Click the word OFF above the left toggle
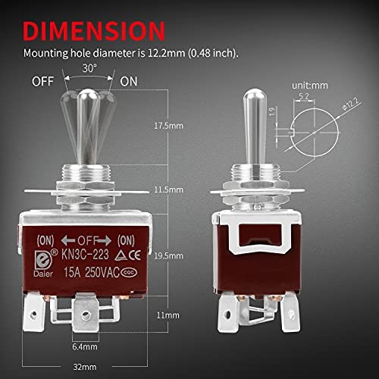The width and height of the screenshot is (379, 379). point(44,80)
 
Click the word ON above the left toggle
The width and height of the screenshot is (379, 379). point(130,80)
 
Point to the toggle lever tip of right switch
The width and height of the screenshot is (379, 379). point(255,98)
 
